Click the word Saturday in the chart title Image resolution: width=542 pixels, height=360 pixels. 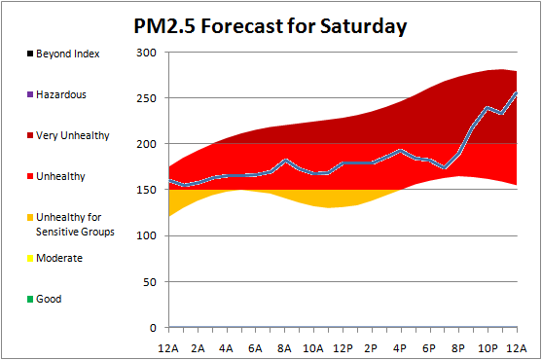coord(363,27)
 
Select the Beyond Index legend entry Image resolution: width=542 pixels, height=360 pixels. coord(63,54)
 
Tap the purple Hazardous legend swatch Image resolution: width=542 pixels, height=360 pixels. coord(30,94)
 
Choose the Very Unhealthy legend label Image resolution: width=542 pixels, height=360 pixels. coord(73,135)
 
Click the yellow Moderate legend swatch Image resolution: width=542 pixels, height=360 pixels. coord(30,258)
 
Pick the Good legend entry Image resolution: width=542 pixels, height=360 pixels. coord(44,299)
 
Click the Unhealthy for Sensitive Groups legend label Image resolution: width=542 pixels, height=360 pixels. coord(75,224)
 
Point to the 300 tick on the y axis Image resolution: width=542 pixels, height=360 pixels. coord(146,53)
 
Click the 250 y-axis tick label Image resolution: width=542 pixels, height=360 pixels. coord(146,98)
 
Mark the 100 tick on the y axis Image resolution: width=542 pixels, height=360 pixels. coord(146,235)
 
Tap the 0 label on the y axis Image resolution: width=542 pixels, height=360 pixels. coord(153,328)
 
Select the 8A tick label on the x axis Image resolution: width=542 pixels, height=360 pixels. coord(284,348)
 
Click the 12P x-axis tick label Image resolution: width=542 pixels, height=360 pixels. coord(343,348)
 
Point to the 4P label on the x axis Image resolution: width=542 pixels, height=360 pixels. coord(400,348)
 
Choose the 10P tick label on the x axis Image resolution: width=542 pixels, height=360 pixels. coord(488,348)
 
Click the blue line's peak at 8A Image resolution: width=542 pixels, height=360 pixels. coord(285,161)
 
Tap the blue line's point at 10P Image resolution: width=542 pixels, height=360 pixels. coord(488,108)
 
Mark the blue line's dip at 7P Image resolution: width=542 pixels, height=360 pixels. coord(445,168)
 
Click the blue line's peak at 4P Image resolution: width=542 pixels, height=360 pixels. coord(401,151)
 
